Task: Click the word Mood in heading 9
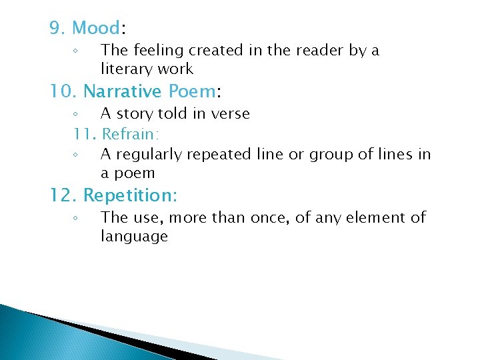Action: pyautogui.click(x=96, y=28)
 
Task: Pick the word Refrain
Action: pyautogui.click(x=128, y=134)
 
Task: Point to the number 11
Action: pyautogui.click(x=84, y=134)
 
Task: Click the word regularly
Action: pyautogui.click(x=149, y=155)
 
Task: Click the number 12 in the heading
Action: pyautogui.click(x=63, y=196)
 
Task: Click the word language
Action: pyautogui.click(x=134, y=236)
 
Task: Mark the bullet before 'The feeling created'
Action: pyautogui.click(x=76, y=51)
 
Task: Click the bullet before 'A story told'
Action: pyautogui.click(x=76, y=114)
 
